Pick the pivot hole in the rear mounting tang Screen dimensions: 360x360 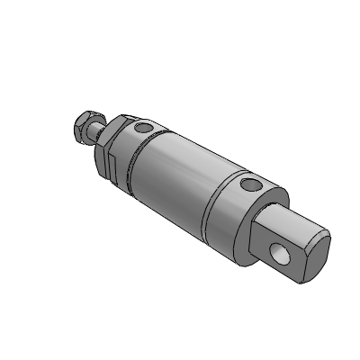284,252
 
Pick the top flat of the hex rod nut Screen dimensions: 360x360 84,117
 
